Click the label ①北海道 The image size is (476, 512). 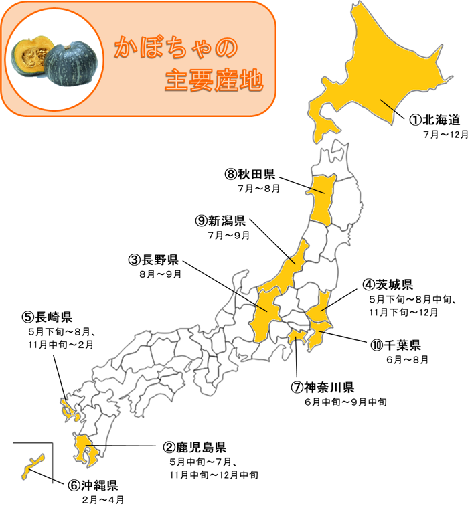(435, 120)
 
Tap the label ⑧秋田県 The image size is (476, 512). (250, 175)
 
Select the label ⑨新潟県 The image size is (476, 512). (221, 221)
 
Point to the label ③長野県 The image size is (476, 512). (153, 260)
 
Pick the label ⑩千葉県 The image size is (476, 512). (395, 345)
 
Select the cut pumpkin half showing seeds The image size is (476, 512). (31, 57)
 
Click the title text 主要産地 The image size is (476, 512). (214, 81)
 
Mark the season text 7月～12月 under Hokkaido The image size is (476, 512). (445, 134)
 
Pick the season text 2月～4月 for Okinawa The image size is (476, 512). (102, 500)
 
